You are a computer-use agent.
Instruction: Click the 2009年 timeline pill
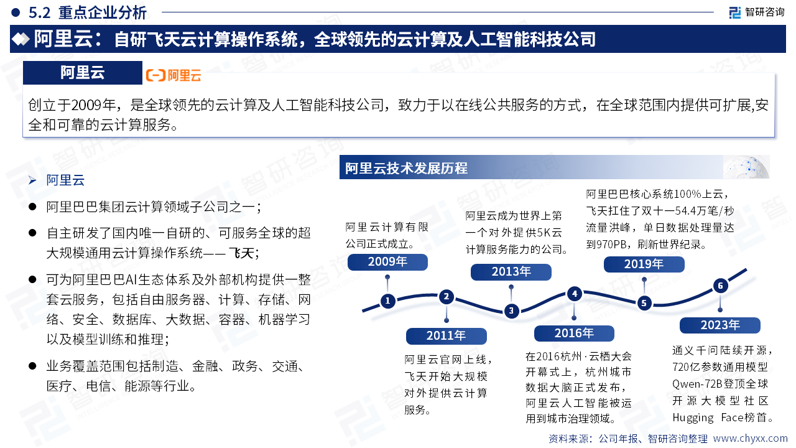pyautogui.click(x=387, y=262)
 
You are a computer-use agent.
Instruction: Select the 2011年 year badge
pyautogui.click(x=446, y=336)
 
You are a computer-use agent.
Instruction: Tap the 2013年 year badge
pyautogui.click(x=511, y=272)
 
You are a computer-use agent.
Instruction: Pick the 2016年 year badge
pyautogui.click(x=574, y=334)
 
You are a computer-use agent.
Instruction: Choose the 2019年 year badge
pyautogui.click(x=644, y=264)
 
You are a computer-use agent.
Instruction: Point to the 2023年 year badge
pyautogui.click(x=720, y=325)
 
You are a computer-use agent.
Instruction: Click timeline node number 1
pyautogui.click(x=387, y=301)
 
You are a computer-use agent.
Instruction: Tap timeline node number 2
pyautogui.click(x=447, y=297)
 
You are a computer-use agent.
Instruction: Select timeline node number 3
pyautogui.click(x=511, y=310)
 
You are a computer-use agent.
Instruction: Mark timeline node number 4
pyautogui.click(x=575, y=294)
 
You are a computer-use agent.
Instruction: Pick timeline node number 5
pyautogui.click(x=644, y=303)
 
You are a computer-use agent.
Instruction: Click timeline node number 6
pyautogui.click(x=720, y=286)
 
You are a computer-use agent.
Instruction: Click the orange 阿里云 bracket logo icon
pyautogui.click(x=155, y=75)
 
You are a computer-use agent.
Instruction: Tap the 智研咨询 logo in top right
pyautogui.click(x=757, y=12)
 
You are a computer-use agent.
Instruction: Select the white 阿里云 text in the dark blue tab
pyautogui.click(x=83, y=73)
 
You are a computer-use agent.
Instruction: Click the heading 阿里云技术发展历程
pyautogui.click(x=406, y=168)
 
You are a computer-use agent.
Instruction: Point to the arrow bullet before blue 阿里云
pyautogui.click(x=32, y=180)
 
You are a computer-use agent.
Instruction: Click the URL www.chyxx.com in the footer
pyautogui.click(x=750, y=439)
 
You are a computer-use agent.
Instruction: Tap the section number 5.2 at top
pyautogui.click(x=39, y=13)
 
